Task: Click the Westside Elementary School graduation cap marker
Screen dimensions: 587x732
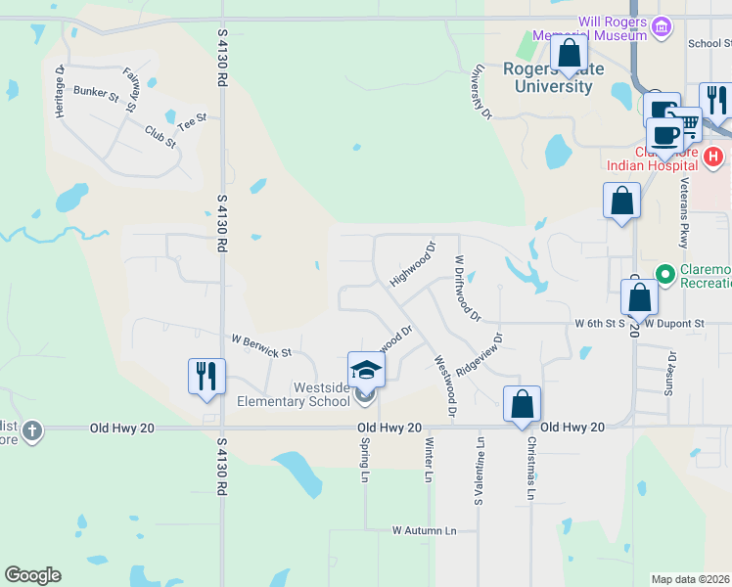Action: (x=367, y=370)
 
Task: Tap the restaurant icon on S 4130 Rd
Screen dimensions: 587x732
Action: (x=206, y=376)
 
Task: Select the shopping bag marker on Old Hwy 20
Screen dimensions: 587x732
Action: (x=523, y=403)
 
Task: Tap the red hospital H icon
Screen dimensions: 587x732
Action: (x=714, y=156)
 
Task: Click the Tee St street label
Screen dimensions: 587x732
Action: (x=193, y=122)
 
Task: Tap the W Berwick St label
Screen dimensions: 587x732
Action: (x=261, y=345)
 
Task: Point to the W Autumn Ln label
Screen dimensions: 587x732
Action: (x=425, y=530)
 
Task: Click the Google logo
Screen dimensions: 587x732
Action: (x=32, y=575)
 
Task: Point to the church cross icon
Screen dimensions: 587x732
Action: (x=32, y=430)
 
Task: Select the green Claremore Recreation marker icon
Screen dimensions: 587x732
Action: (x=664, y=273)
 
